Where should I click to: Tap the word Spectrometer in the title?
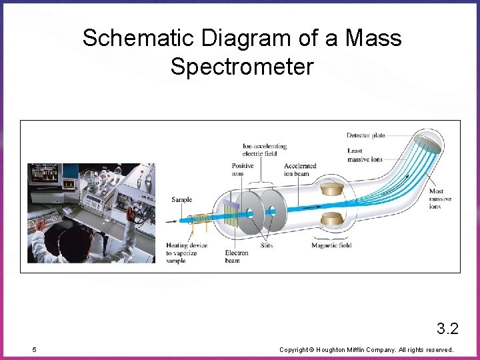point(241,67)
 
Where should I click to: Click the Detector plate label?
point(365,135)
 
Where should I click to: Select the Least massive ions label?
point(365,155)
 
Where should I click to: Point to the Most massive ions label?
point(439,199)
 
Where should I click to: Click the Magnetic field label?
point(331,245)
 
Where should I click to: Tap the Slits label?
point(265,245)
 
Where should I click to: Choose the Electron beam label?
point(236,257)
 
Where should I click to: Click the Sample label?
point(181,199)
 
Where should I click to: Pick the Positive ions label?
point(242,169)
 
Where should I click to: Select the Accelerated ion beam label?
point(299,169)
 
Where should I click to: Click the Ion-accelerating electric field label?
point(264,149)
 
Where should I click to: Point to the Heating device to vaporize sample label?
point(186,253)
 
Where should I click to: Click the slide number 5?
point(34,349)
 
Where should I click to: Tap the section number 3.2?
point(447,328)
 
